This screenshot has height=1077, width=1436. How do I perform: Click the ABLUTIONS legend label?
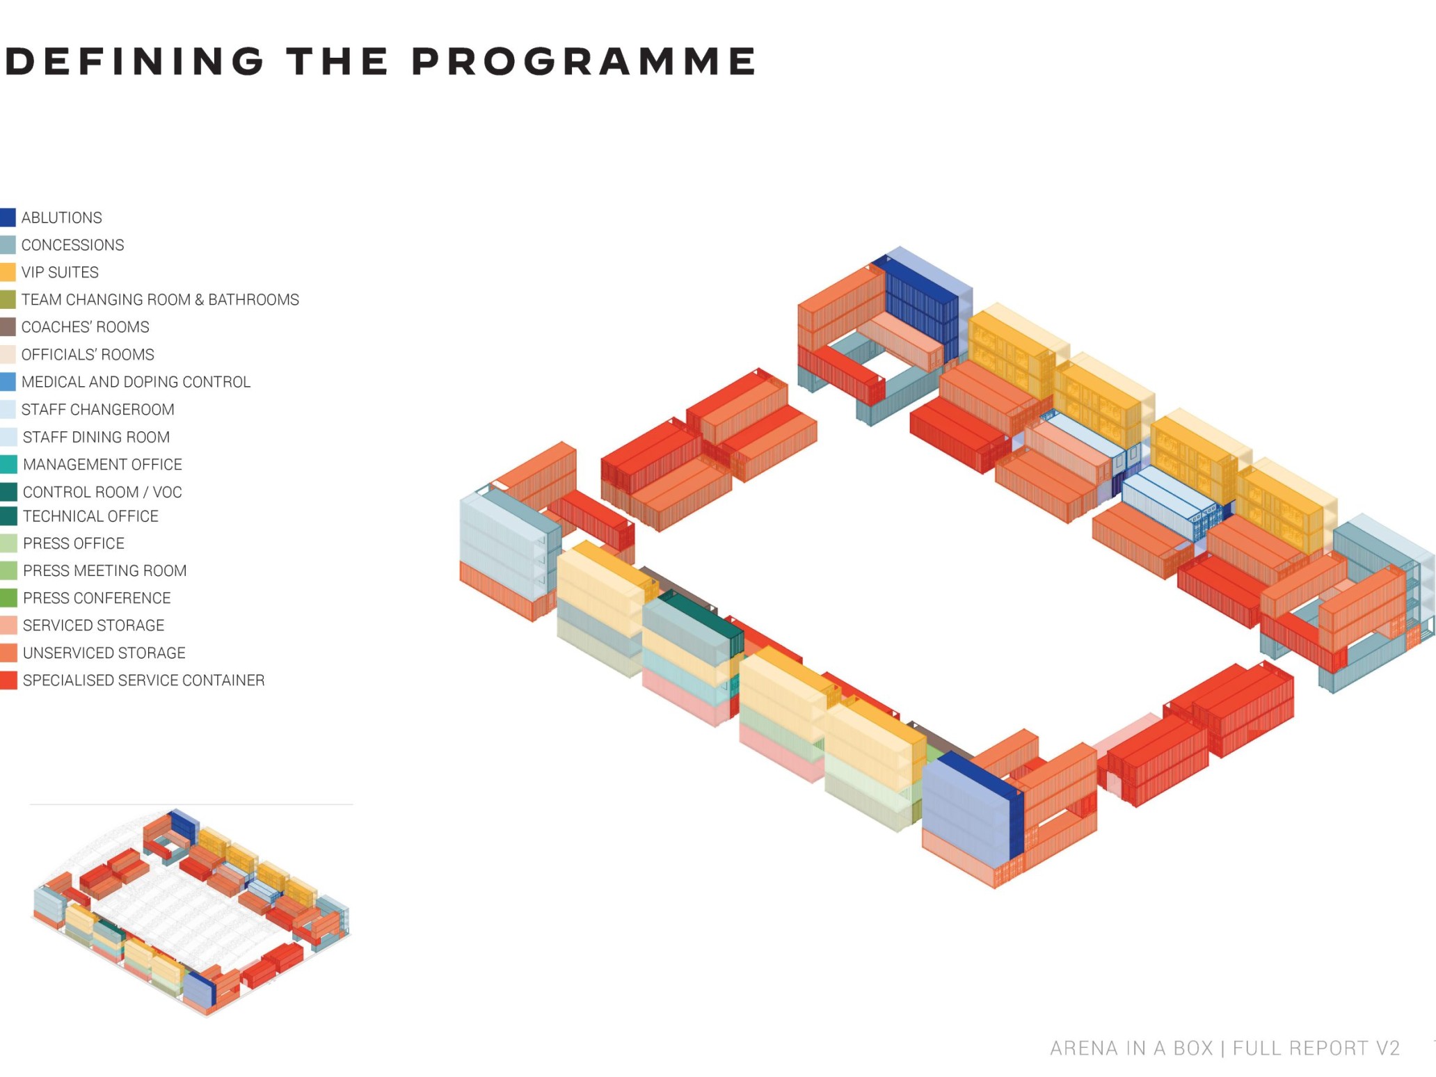pyautogui.click(x=61, y=218)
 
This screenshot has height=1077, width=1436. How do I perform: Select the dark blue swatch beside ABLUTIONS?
pyautogui.click(x=8, y=217)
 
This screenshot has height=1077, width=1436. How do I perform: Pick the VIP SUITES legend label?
pyautogui.click(x=60, y=273)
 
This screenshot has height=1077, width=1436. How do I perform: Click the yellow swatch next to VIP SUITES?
pyautogui.click(x=8, y=272)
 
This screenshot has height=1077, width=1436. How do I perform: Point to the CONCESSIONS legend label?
pyautogui.click(x=72, y=245)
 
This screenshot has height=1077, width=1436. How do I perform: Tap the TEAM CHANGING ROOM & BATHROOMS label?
pyautogui.click(x=160, y=300)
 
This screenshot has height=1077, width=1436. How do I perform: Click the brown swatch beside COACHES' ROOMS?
pyautogui.click(x=8, y=327)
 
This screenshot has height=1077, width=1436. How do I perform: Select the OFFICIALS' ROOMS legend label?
pyautogui.click(x=88, y=355)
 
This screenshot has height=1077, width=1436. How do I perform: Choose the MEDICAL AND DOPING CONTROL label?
pyautogui.click(x=136, y=382)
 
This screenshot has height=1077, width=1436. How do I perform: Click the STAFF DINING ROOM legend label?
pyautogui.click(x=96, y=437)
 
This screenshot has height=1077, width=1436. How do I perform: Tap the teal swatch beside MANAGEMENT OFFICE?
pyautogui.click(x=8, y=464)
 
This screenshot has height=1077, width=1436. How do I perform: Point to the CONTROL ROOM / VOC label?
pyautogui.click(x=102, y=492)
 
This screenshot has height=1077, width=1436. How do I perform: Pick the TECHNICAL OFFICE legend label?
pyautogui.click(x=90, y=516)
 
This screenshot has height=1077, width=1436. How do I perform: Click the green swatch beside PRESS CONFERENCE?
pyautogui.click(x=8, y=598)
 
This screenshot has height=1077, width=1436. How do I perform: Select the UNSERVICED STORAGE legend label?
pyautogui.click(x=104, y=653)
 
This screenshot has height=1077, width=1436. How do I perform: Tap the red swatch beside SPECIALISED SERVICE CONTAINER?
pyautogui.click(x=8, y=680)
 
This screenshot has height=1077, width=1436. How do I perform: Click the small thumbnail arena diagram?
pyautogui.click(x=191, y=911)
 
